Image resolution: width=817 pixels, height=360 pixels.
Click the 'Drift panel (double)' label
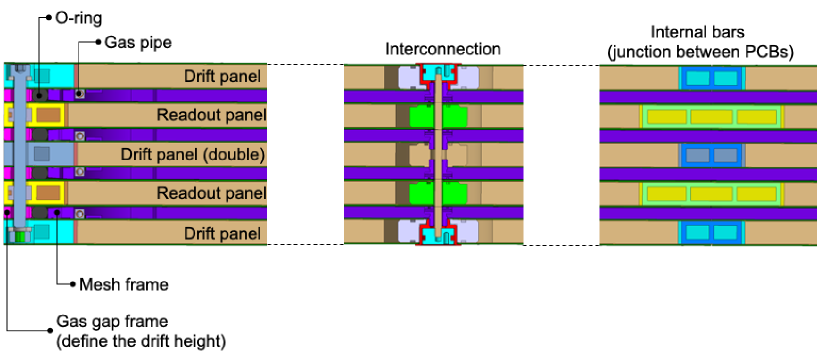192,154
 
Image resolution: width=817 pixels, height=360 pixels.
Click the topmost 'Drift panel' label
223,76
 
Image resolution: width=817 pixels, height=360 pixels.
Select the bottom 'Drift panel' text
223,233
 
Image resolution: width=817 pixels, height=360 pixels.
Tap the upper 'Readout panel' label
210,115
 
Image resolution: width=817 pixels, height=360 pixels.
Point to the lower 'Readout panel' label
210,192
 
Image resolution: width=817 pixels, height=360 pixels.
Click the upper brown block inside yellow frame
47,116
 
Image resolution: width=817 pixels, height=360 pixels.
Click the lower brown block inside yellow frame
47,192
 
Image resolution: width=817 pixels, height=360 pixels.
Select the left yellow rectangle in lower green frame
665,192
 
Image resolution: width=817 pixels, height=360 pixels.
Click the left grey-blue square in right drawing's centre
697,155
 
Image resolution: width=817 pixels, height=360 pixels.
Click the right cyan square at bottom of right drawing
725,233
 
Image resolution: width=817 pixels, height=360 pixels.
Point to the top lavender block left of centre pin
410,77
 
